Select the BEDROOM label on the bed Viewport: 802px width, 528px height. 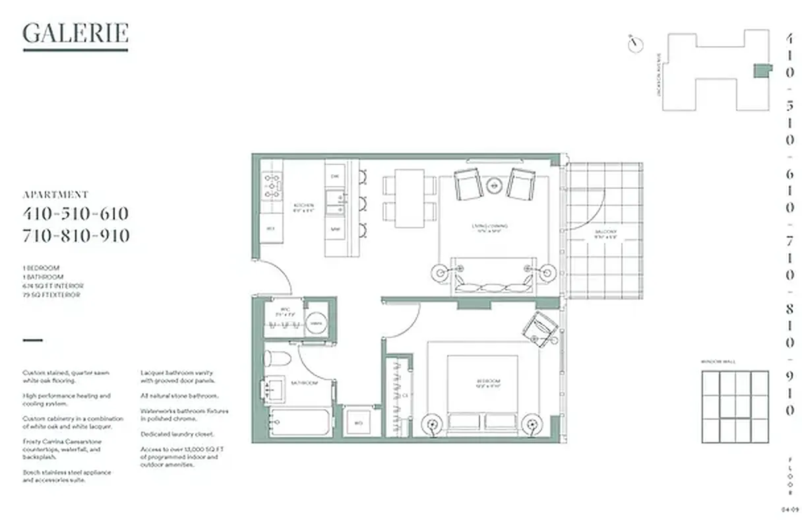point(489,381)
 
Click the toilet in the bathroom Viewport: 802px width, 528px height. point(276,359)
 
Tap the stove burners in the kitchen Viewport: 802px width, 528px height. point(272,186)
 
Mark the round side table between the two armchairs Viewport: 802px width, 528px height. point(494,185)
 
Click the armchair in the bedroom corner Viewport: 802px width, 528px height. point(541,329)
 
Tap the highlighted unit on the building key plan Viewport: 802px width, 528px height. point(762,71)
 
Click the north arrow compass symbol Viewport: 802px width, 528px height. point(635,44)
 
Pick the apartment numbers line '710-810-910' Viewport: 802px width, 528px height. point(76,236)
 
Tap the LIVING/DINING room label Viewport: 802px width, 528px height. point(489,228)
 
